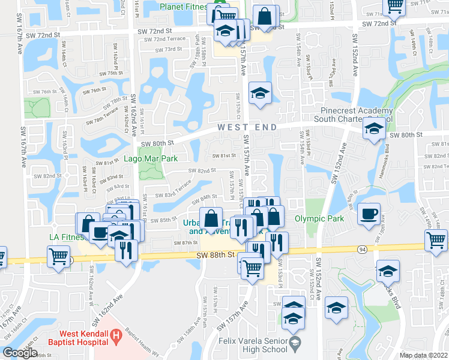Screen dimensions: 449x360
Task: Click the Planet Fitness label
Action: point(183,7)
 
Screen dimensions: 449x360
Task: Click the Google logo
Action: point(20,353)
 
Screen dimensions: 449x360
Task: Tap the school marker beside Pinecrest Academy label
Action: point(374,128)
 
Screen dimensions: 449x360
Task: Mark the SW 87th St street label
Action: point(186,242)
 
